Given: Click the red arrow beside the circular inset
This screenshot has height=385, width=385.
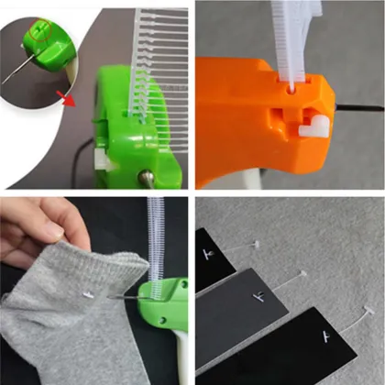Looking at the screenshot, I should [x=64, y=96].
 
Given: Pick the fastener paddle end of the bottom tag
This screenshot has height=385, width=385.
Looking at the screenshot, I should [x=367, y=309].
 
